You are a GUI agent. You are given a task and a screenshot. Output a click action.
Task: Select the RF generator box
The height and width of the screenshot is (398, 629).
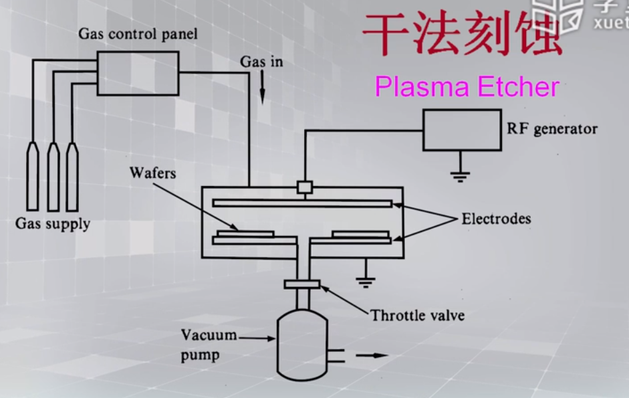click(x=461, y=130)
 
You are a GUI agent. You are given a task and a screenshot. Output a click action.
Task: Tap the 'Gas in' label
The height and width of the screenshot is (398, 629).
click(x=261, y=62)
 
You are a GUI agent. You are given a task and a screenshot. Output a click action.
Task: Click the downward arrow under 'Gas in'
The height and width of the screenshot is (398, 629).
click(x=261, y=90)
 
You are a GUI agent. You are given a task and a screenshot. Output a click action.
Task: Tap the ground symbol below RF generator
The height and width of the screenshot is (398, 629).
click(x=459, y=176)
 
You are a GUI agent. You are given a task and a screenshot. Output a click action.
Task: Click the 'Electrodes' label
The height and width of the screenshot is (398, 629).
click(x=496, y=219)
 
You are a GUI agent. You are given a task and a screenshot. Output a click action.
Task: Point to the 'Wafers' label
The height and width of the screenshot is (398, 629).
click(x=154, y=174)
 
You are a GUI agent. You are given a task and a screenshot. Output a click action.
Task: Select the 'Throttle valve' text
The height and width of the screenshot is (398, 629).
click(x=418, y=314)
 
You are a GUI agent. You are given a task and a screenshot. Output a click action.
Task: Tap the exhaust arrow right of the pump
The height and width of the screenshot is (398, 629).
click(x=372, y=355)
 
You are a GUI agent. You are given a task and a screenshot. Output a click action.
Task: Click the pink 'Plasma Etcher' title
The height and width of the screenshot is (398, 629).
click(x=466, y=87)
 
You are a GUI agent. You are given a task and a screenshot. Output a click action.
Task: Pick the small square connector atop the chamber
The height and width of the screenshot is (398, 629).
click(x=305, y=188)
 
